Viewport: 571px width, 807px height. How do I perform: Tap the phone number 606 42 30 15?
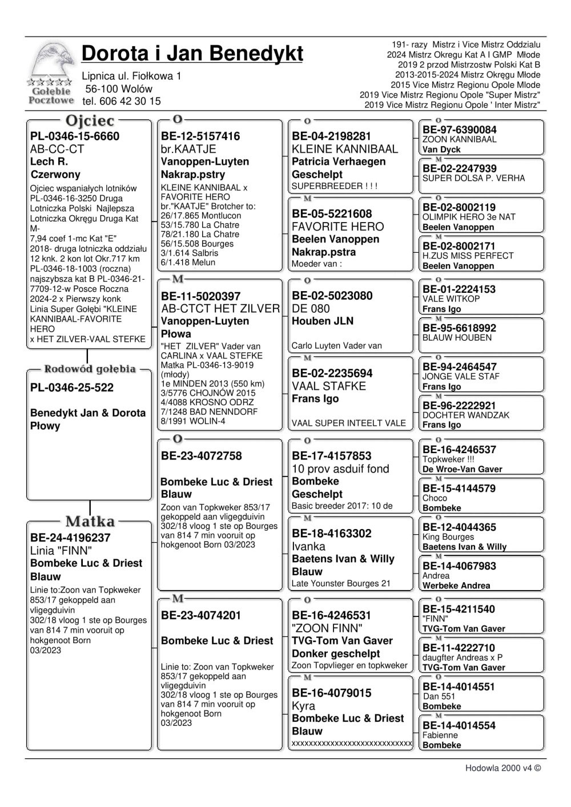tap(130, 102)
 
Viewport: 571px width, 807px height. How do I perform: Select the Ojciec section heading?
tap(90, 121)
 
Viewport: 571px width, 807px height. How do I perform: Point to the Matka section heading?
tap(90, 522)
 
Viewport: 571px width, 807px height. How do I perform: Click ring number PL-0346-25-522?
tap(72, 388)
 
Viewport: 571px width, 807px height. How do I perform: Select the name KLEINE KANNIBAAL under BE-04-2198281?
tap(345, 150)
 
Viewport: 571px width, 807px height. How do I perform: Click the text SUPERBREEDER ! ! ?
tap(335, 186)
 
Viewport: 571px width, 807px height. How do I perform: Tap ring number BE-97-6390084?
tap(459, 130)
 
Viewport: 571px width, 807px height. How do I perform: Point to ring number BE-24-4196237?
tap(70, 538)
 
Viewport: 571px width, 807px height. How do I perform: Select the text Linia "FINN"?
tap(61, 551)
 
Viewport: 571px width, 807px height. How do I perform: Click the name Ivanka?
tap(308, 547)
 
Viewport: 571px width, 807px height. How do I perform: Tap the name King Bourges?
tap(448, 537)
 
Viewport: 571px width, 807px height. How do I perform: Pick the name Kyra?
tap(303, 706)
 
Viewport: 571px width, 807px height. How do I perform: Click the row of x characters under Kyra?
tap(352, 743)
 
